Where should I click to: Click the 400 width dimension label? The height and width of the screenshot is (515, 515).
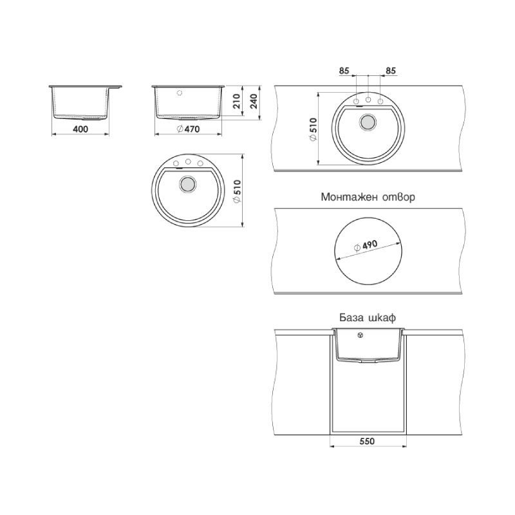(x=80, y=129)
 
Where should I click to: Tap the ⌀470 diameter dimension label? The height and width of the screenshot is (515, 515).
(x=188, y=129)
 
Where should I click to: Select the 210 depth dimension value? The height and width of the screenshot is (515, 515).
(x=236, y=101)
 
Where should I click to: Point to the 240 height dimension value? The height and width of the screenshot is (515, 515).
(x=254, y=101)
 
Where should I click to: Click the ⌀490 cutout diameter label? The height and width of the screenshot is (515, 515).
(x=366, y=246)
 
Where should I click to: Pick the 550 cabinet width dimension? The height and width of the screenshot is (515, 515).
(x=367, y=441)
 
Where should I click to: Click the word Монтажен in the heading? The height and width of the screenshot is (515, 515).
(x=350, y=197)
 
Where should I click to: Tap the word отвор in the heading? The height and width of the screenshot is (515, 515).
(x=399, y=198)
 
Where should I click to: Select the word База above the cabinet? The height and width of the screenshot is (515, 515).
(x=351, y=317)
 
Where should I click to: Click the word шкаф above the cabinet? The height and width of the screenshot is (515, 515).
(x=382, y=318)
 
